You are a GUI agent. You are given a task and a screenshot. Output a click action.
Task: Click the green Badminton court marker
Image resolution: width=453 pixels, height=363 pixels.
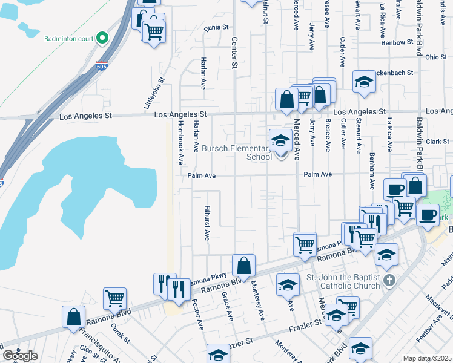(x=102, y=39)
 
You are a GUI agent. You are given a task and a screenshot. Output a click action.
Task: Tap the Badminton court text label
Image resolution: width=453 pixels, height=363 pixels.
(x=69, y=39)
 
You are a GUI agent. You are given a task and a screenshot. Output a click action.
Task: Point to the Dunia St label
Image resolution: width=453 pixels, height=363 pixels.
(x=216, y=28)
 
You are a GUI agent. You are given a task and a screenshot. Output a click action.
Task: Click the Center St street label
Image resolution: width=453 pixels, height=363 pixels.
(x=234, y=52)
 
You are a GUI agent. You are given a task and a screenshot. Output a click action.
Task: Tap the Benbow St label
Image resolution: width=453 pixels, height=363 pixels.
(x=397, y=43)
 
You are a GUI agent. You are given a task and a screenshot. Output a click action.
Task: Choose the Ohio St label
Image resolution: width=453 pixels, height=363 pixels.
(x=435, y=57)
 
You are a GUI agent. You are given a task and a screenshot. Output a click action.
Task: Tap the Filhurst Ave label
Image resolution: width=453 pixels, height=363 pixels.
(x=207, y=217)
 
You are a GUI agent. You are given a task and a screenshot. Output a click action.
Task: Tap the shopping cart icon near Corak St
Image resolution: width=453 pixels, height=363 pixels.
(x=114, y=298)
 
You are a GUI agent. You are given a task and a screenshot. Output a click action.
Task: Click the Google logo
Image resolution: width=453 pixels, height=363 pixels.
(x=20, y=356)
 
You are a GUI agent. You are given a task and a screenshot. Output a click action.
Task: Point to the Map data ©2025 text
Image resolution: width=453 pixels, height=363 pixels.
(x=427, y=358)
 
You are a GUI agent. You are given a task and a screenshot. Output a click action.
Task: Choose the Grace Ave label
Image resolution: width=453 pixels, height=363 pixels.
(x=227, y=306)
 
